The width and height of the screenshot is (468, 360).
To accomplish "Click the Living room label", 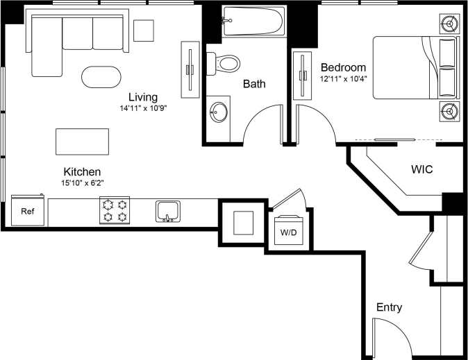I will click(142, 97).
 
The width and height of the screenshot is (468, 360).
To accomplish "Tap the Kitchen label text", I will click(83, 171).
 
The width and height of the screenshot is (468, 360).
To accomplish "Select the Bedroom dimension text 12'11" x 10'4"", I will click(342, 78).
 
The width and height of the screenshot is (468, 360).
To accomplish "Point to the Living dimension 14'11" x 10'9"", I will click(142, 108).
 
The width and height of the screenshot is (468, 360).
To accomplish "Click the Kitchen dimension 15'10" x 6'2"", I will click(83, 183).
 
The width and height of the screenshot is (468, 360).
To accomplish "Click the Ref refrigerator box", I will click(28, 211).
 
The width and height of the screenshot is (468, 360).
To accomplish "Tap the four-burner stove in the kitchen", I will click(115, 210).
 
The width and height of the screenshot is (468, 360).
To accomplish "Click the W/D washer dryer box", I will click(287, 230).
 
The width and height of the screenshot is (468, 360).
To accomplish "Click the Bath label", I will click(254, 85).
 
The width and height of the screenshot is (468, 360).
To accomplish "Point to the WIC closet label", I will click(422, 169).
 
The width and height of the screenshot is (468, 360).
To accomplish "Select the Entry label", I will click(389, 307).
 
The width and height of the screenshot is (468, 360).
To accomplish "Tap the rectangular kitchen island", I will click(82, 142).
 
